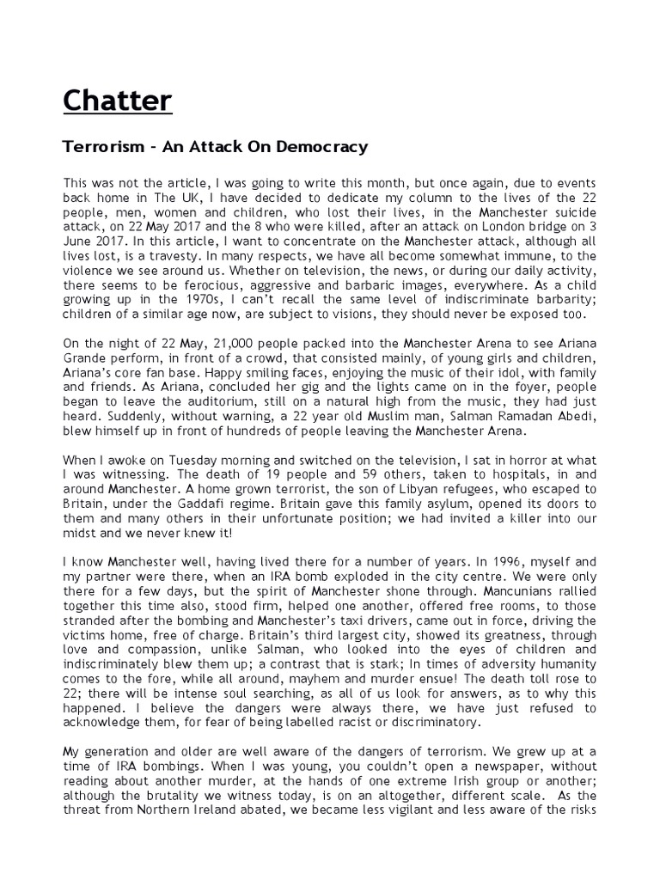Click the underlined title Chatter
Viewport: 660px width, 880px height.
point(117,101)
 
